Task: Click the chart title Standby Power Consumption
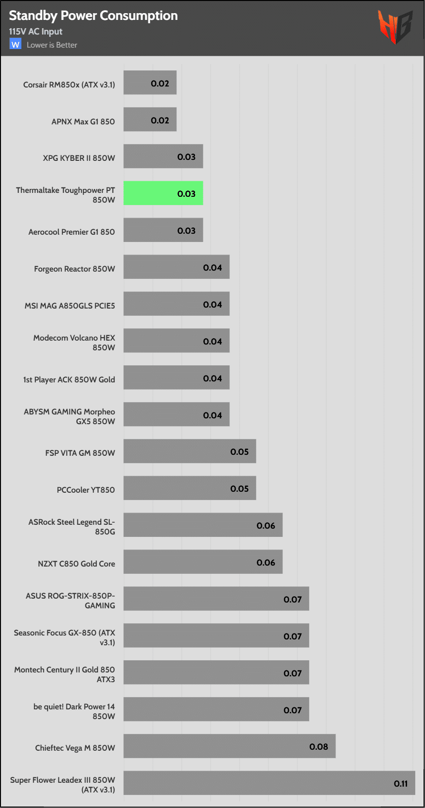coord(93,16)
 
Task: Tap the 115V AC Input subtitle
coord(35,32)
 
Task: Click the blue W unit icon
coord(16,45)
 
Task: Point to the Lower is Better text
coord(52,45)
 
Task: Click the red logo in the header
coord(395,26)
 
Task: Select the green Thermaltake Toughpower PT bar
coord(163,193)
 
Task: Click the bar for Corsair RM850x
coord(150,83)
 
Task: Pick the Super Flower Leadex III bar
coord(269,783)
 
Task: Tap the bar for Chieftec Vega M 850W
coord(229,746)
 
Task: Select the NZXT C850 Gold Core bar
coord(203,562)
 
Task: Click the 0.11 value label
coord(401,784)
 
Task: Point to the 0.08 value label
coord(319,747)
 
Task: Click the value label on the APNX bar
coord(160,120)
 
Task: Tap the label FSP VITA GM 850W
coord(80,453)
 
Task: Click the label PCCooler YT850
coord(86,490)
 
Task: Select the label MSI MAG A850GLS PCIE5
coord(70,306)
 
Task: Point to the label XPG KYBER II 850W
coord(79,158)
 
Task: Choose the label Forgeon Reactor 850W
coord(74,269)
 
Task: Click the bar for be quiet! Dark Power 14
coord(216,709)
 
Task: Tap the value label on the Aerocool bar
coord(186,231)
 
